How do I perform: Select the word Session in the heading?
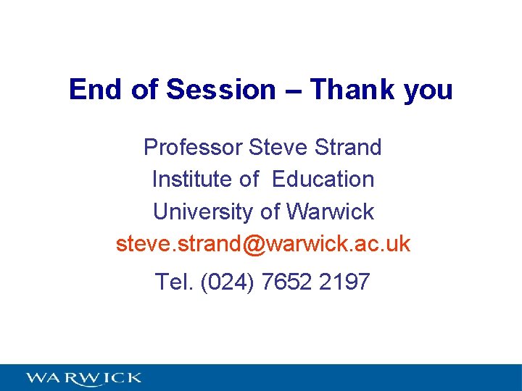[221, 90]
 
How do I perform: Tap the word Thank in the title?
[347, 90]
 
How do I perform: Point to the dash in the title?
[293, 91]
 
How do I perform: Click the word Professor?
[193, 147]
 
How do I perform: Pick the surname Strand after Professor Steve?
[349, 147]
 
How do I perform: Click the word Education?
[323, 179]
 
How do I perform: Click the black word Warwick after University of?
[331, 211]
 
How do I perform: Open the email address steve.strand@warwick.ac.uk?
[263, 244]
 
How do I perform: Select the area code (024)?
[227, 281]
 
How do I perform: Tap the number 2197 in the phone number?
[344, 281]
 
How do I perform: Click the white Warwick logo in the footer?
[83, 377]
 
